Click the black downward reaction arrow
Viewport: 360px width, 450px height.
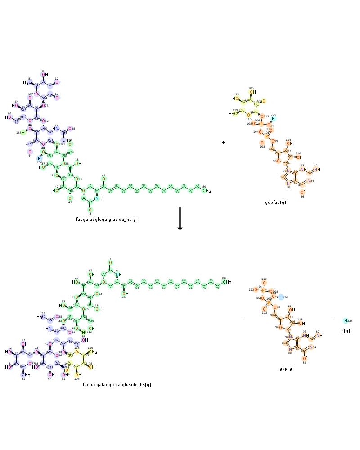point(180,218)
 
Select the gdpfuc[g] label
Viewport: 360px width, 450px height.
point(275,202)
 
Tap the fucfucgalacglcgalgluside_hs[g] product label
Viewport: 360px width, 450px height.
point(117,385)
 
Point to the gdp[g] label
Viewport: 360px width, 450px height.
point(286,369)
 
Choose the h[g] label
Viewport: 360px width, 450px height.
point(346,331)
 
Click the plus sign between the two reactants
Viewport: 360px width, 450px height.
point(223,142)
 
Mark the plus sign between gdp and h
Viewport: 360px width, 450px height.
point(333,319)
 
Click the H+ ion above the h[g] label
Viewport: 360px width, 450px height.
point(346,320)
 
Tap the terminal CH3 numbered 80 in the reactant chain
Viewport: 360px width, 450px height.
point(207,191)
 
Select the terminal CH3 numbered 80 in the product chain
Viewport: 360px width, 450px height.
point(227,282)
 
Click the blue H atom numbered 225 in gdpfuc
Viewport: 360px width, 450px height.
point(273,119)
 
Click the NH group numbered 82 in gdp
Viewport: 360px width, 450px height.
point(317,336)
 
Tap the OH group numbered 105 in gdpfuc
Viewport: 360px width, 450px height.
point(252,92)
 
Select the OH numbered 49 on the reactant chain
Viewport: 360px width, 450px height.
point(105,179)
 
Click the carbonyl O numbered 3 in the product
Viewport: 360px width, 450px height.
point(110,263)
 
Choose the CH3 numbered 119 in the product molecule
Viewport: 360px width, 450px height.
point(93,352)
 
